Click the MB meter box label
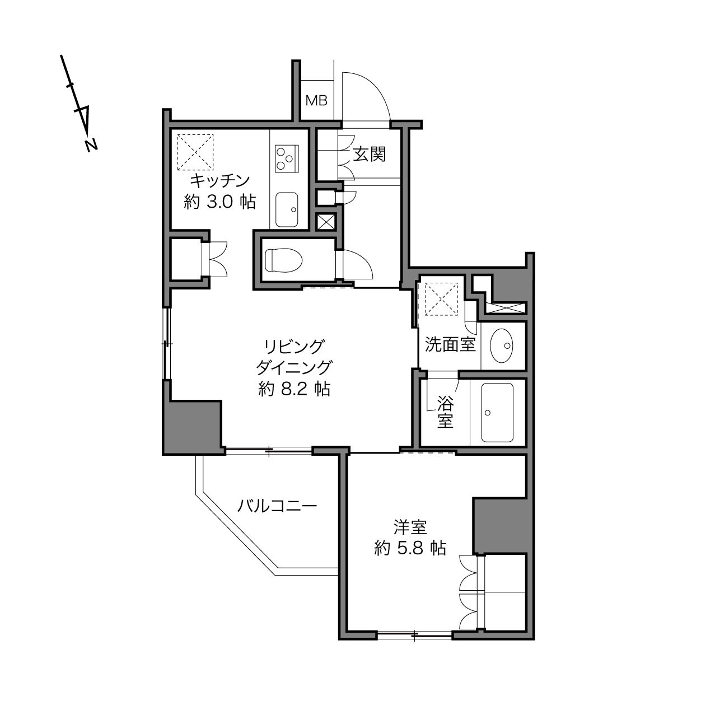pyautogui.click(x=316, y=100)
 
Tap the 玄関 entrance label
pyautogui.click(x=370, y=155)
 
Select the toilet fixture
pyautogui.click(x=284, y=260)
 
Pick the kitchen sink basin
pyautogui.click(x=287, y=209)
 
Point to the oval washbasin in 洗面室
pyautogui.click(x=502, y=345)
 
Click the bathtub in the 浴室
pyautogui.click(x=497, y=412)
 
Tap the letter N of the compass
pyautogui.click(x=91, y=145)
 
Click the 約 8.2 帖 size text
pyautogui.click(x=294, y=389)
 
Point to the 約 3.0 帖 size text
pyautogui.click(x=219, y=202)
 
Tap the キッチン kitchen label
pyautogui.click(x=220, y=181)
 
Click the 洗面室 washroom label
pyautogui.click(x=450, y=344)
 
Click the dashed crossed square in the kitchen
pyautogui.click(x=195, y=152)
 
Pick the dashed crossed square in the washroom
pyautogui.click(x=441, y=300)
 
